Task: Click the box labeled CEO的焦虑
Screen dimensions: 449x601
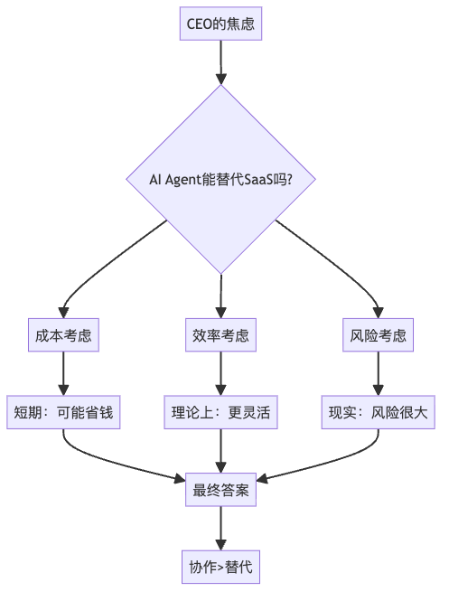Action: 220,23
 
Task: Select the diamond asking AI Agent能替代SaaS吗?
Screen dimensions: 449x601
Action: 220,179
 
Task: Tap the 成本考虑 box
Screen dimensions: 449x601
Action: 63,335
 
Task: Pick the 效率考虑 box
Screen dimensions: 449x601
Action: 220,335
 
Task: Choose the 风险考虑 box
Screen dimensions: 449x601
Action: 379,335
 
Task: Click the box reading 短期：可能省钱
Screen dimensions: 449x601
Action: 63,412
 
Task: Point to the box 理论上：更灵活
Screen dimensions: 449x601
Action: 220,412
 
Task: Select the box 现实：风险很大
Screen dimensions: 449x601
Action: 379,412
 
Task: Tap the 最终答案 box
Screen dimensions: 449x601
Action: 220,490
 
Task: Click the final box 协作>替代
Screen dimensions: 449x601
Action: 220,567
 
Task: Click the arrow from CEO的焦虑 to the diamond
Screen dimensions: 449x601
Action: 220,62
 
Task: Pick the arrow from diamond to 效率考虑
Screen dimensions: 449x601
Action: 220,296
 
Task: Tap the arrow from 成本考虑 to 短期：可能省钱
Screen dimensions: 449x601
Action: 63,373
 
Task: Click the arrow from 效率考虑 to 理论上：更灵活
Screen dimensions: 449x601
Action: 220,373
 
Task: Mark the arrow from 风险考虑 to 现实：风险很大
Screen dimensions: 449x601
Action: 379,373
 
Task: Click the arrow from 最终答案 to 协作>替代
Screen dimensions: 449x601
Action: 220,528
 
